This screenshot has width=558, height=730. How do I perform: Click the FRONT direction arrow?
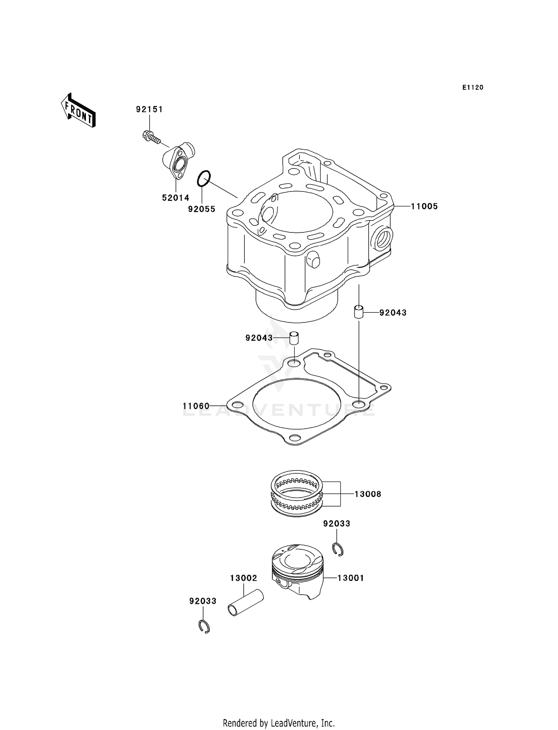78,110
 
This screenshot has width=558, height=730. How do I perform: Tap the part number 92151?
149,109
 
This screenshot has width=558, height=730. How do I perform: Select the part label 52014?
176,198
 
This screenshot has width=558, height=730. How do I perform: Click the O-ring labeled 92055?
204,179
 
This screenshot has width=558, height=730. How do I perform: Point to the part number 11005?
424,206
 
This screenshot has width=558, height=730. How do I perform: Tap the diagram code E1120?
473,88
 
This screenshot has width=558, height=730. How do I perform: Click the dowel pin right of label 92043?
358,311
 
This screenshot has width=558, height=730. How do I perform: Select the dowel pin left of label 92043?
294,338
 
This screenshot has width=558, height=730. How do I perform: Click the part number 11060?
196,406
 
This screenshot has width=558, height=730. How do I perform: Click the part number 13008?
368,494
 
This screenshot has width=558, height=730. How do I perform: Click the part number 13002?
243,578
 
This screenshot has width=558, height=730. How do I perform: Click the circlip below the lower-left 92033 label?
203,627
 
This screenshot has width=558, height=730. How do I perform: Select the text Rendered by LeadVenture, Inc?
279,723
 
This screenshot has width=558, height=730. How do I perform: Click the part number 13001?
350,578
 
